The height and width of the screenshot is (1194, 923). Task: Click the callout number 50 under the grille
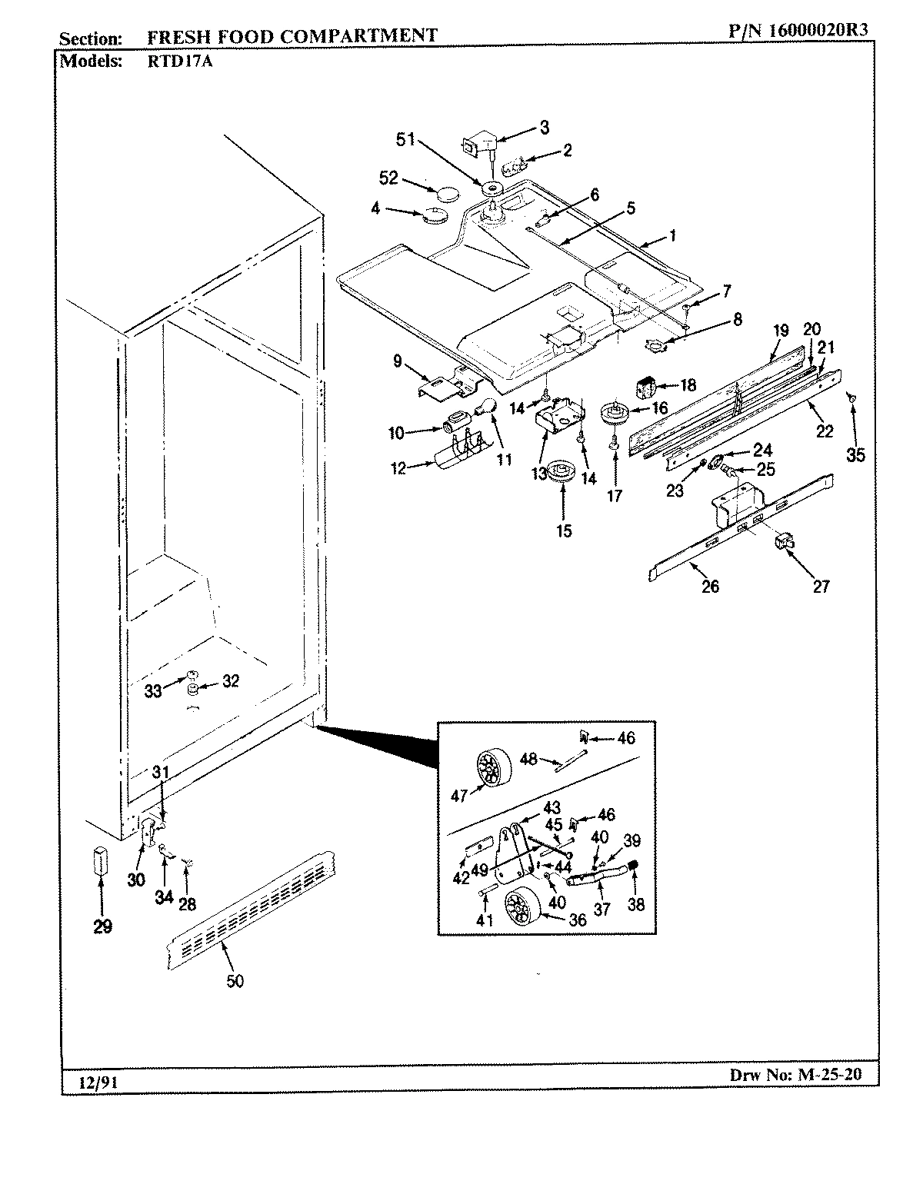(235, 981)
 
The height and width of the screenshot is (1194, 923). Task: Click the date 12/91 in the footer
(90, 1082)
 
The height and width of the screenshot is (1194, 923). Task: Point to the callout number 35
(855, 455)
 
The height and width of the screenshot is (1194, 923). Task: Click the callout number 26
(710, 587)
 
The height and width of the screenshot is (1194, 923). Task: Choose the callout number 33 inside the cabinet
(153, 690)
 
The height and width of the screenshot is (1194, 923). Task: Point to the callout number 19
(781, 331)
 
